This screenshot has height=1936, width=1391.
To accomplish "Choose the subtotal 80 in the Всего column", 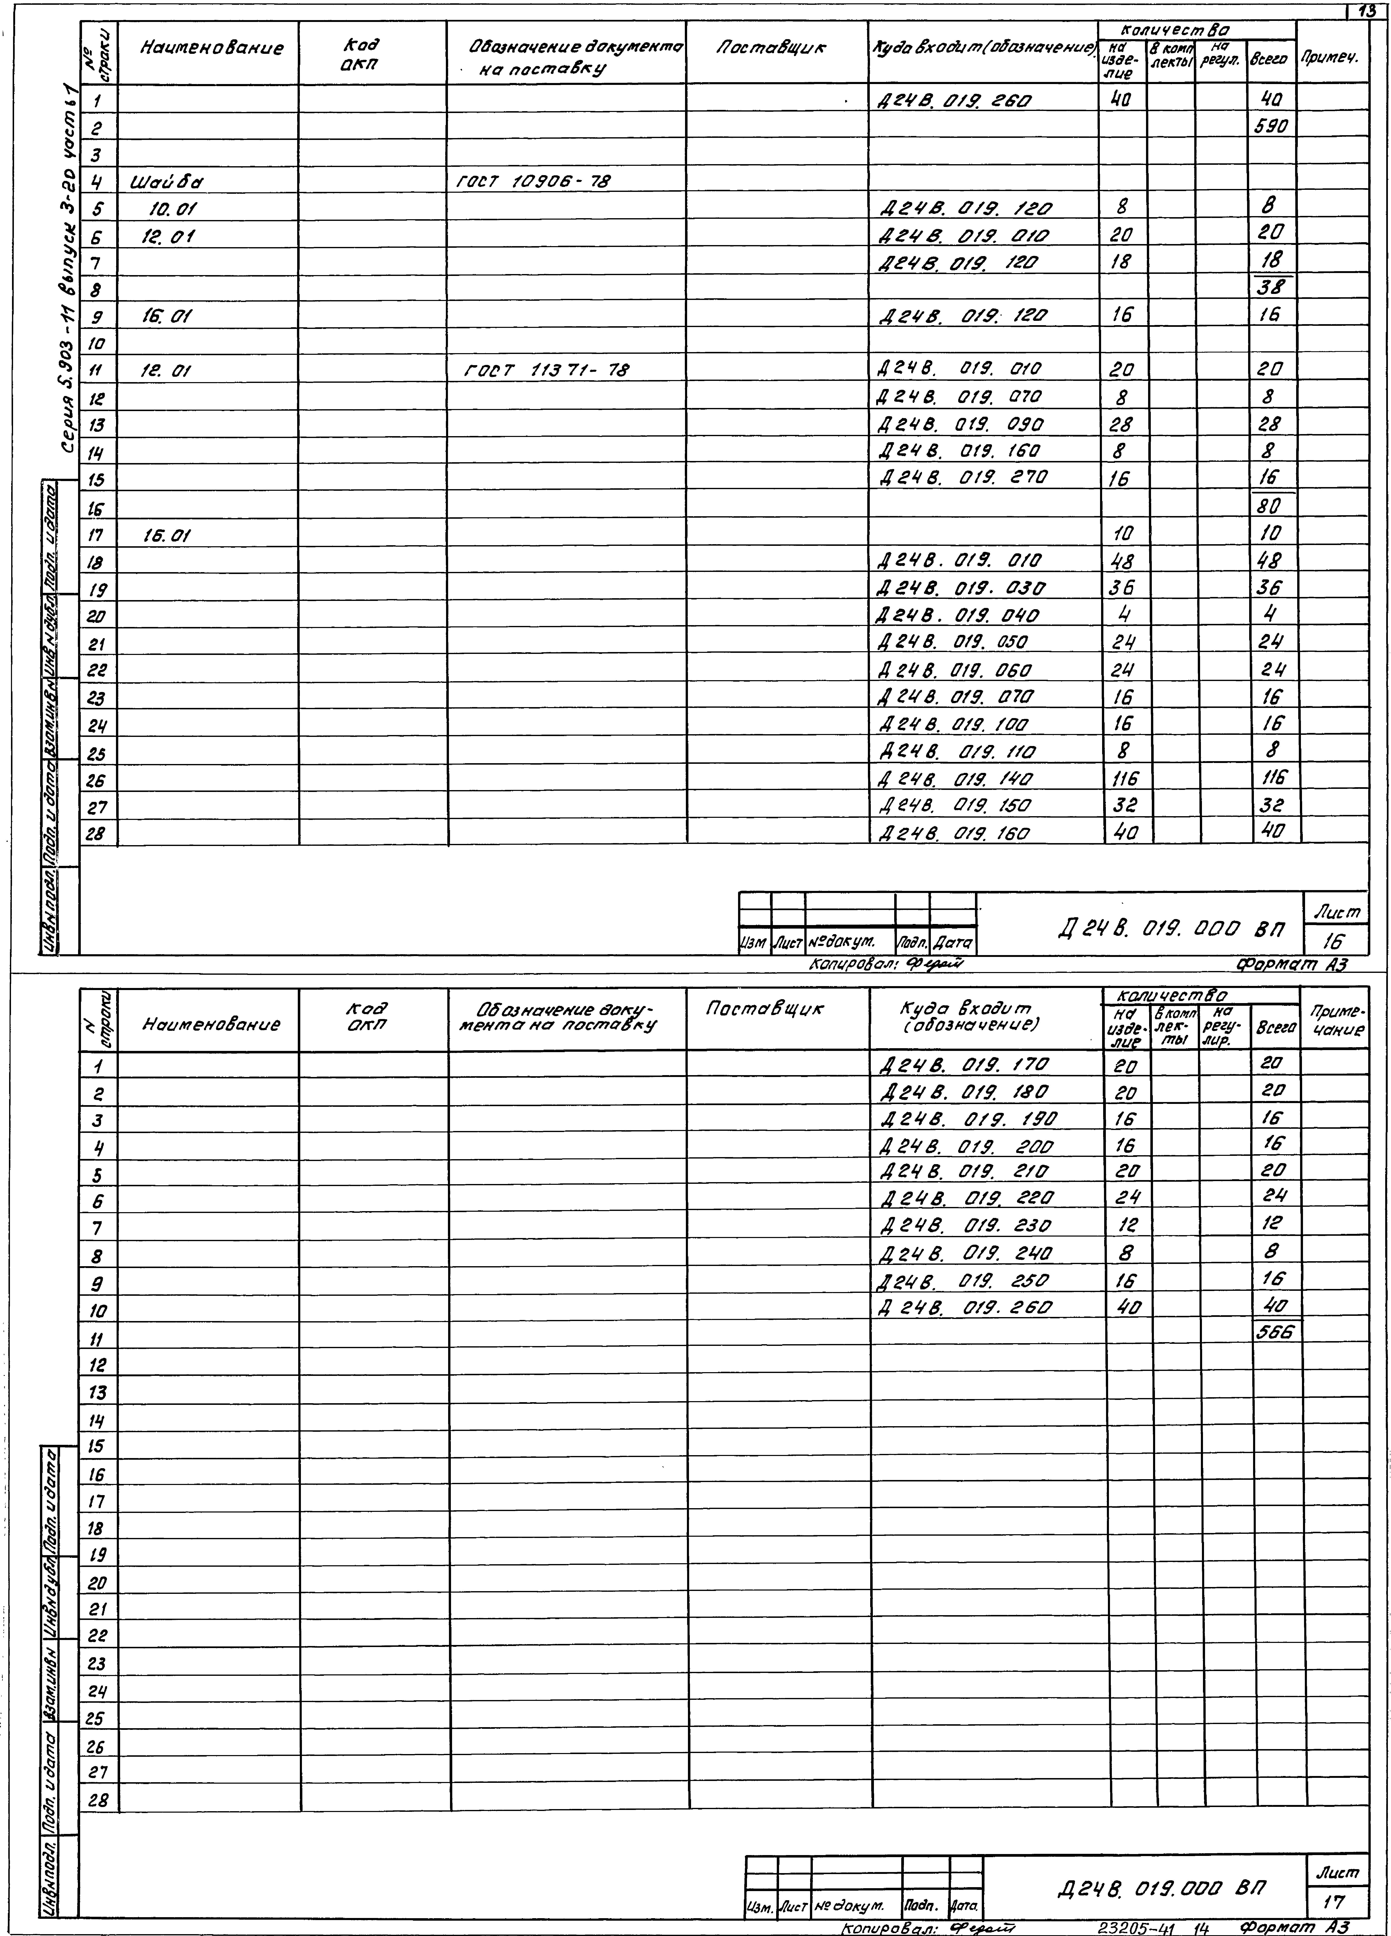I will (x=1271, y=506).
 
